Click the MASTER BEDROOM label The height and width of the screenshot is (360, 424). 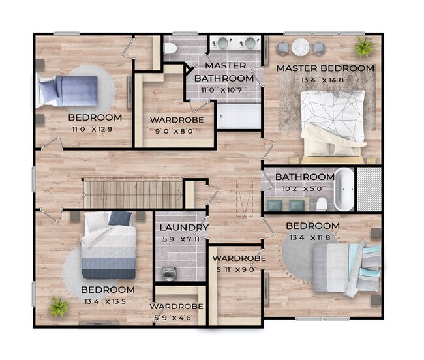[x=325, y=68]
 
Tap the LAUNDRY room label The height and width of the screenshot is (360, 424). [x=184, y=228]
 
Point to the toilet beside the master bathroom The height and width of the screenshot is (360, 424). [x=170, y=48]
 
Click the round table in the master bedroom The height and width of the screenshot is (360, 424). [x=301, y=47]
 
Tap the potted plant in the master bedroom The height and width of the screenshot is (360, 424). [x=364, y=47]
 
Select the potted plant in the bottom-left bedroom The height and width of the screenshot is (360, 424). [x=59, y=305]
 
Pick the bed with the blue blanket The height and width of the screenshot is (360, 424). [x=68, y=90]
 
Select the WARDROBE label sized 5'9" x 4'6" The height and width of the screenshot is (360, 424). [x=175, y=306]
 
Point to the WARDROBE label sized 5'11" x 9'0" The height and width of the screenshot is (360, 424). [x=239, y=258]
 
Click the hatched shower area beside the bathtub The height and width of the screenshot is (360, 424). [x=369, y=190]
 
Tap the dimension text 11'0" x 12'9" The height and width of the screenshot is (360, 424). [x=95, y=130]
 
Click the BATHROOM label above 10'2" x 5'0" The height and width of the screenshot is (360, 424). [x=305, y=177]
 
